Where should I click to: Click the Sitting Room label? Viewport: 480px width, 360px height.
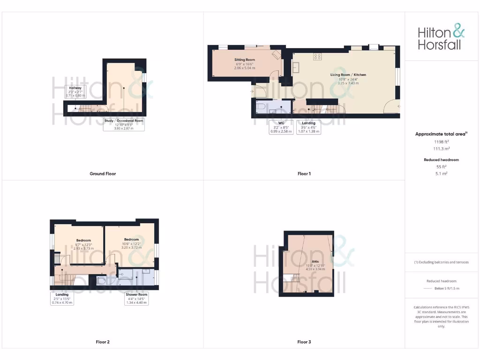pos(245,60)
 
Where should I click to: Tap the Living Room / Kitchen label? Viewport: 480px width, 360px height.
pos(348,75)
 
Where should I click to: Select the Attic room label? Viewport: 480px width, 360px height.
pos(315,262)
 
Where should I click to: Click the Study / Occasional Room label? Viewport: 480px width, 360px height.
pos(124,120)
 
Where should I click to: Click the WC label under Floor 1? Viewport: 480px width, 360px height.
pos(281,123)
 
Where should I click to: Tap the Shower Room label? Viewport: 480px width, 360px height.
pos(136,294)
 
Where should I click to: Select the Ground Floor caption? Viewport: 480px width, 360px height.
pos(103,174)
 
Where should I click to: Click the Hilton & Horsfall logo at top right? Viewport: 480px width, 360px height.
pos(442,38)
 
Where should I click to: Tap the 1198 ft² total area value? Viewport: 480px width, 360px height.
pos(441,141)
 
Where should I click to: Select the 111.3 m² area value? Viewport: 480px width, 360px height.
pos(441,148)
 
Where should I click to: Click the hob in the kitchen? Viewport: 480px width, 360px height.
pos(317,57)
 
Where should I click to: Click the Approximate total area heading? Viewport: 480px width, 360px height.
pos(441,134)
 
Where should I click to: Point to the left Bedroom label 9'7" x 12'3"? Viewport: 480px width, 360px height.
pos(83,240)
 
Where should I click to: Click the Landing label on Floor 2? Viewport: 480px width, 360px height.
pos(62,295)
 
